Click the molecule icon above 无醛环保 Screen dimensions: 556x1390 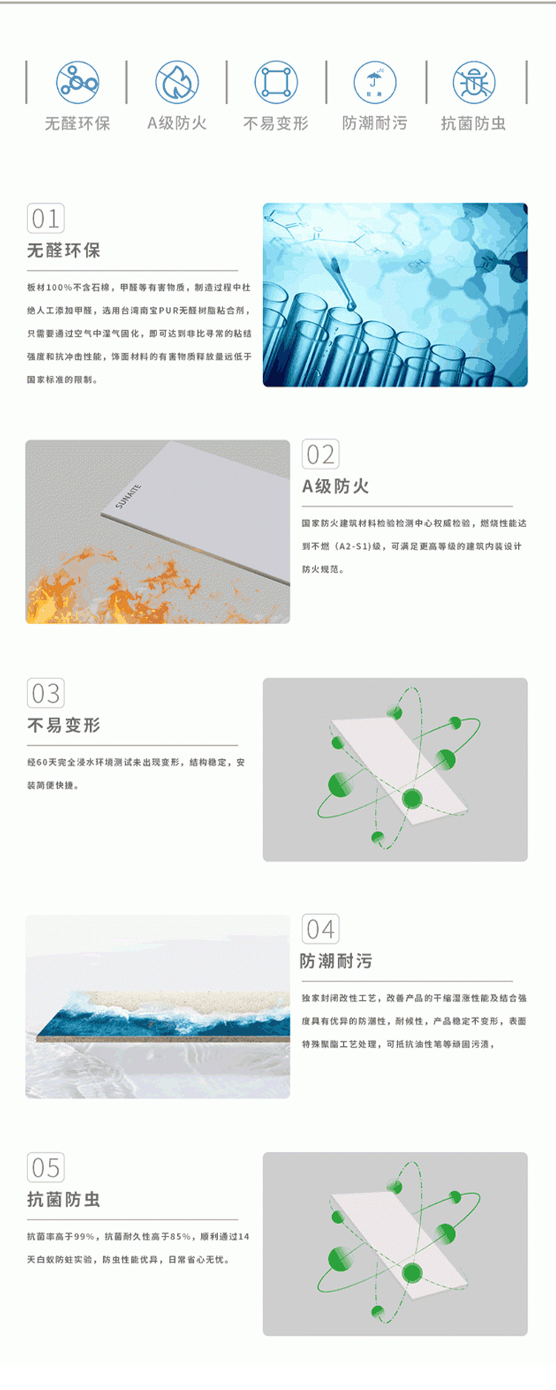78,82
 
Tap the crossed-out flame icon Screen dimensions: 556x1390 176,82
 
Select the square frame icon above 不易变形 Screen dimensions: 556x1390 277,82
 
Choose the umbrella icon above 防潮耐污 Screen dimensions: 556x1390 375,82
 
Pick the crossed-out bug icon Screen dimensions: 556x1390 474,82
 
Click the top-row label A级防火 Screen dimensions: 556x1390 177,123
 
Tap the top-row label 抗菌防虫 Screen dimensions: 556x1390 474,123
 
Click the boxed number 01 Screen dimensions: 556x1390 46,219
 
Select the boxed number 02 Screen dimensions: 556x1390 320,454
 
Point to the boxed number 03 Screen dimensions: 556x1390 46,693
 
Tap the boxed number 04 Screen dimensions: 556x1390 320,930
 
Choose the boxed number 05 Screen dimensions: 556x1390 46,1168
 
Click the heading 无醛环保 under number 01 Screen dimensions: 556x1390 64,251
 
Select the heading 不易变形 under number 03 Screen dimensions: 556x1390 64,725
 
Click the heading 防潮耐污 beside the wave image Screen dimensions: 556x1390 337,962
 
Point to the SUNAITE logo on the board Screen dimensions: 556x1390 128,496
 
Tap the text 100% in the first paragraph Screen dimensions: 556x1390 59,288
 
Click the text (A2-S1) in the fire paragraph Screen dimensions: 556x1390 353,546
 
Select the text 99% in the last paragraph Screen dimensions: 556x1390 83,1237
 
